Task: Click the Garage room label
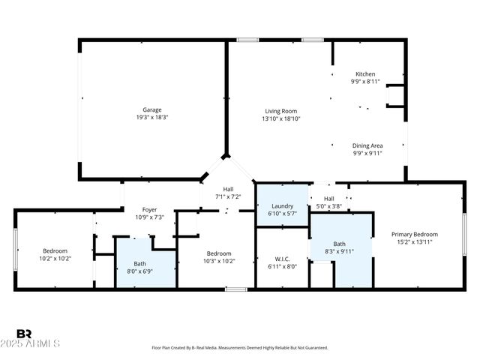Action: pos(152,109)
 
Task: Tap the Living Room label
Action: pos(281,110)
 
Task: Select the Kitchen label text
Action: pos(365,74)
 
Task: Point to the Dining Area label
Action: pos(367,145)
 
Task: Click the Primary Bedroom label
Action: pos(415,234)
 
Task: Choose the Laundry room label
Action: pos(282,205)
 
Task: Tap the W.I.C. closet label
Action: pos(282,259)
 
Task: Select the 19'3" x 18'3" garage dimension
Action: pos(152,118)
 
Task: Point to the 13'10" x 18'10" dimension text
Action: pos(281,118)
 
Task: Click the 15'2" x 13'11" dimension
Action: pos(415,242)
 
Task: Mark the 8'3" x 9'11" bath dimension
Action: pos(339,252)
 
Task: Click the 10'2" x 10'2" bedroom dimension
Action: pos(55,259)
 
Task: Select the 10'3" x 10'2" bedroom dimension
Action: pos(220,262)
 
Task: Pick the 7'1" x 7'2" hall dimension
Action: pos(228,196)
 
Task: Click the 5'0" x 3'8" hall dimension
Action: pos(328,206)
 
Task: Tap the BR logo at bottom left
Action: pos(24,334)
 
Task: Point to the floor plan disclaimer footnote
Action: pos(240,348)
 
